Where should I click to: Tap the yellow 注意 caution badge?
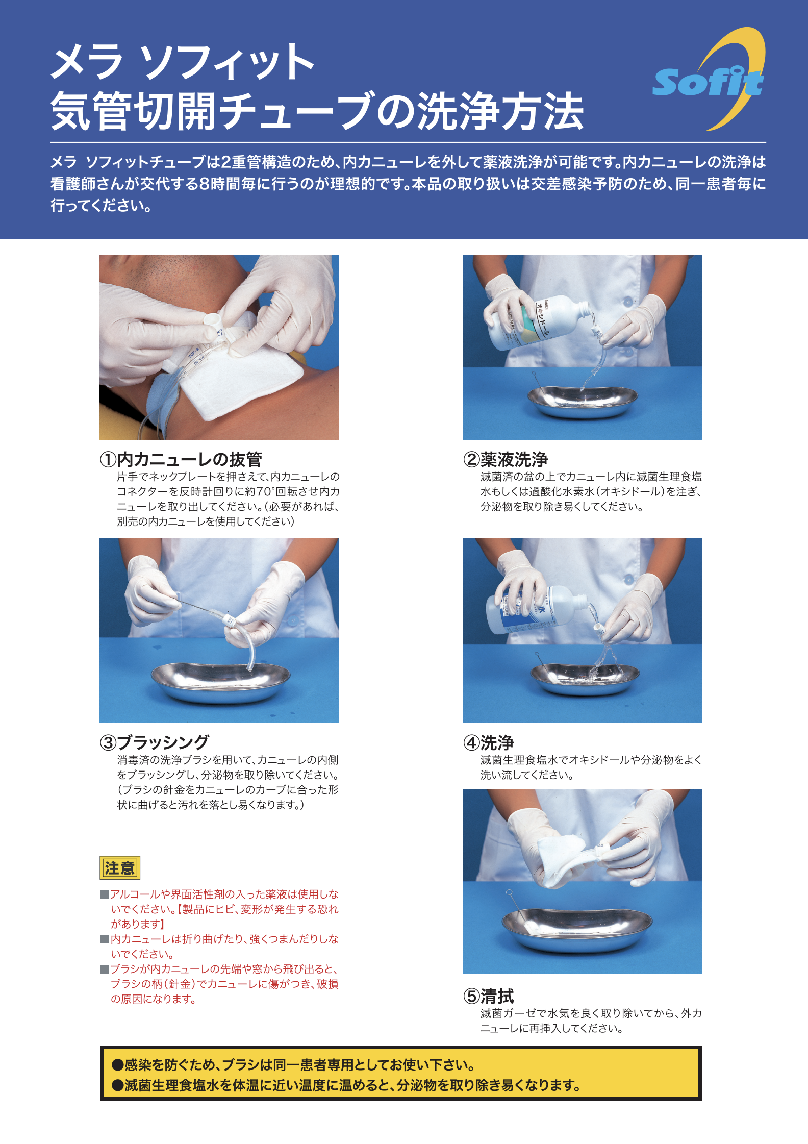click(120, 867)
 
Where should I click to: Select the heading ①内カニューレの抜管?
click(181, 459)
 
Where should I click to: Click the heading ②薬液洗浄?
click(506, 459)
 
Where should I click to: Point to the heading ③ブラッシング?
click(154, 742)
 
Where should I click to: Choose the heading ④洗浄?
click(489, 742)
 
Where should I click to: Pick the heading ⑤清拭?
click(489, 996)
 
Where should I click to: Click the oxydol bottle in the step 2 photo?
click(536, 322)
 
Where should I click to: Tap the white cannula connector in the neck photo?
click(213, 325)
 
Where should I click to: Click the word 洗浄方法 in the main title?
click(500, 111)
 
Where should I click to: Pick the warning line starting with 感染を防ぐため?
click(293, 1064)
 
